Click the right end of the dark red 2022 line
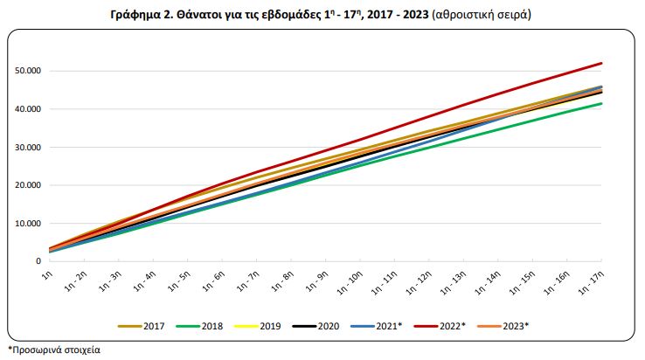click(601, 63)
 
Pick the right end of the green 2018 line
click(601, 104)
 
